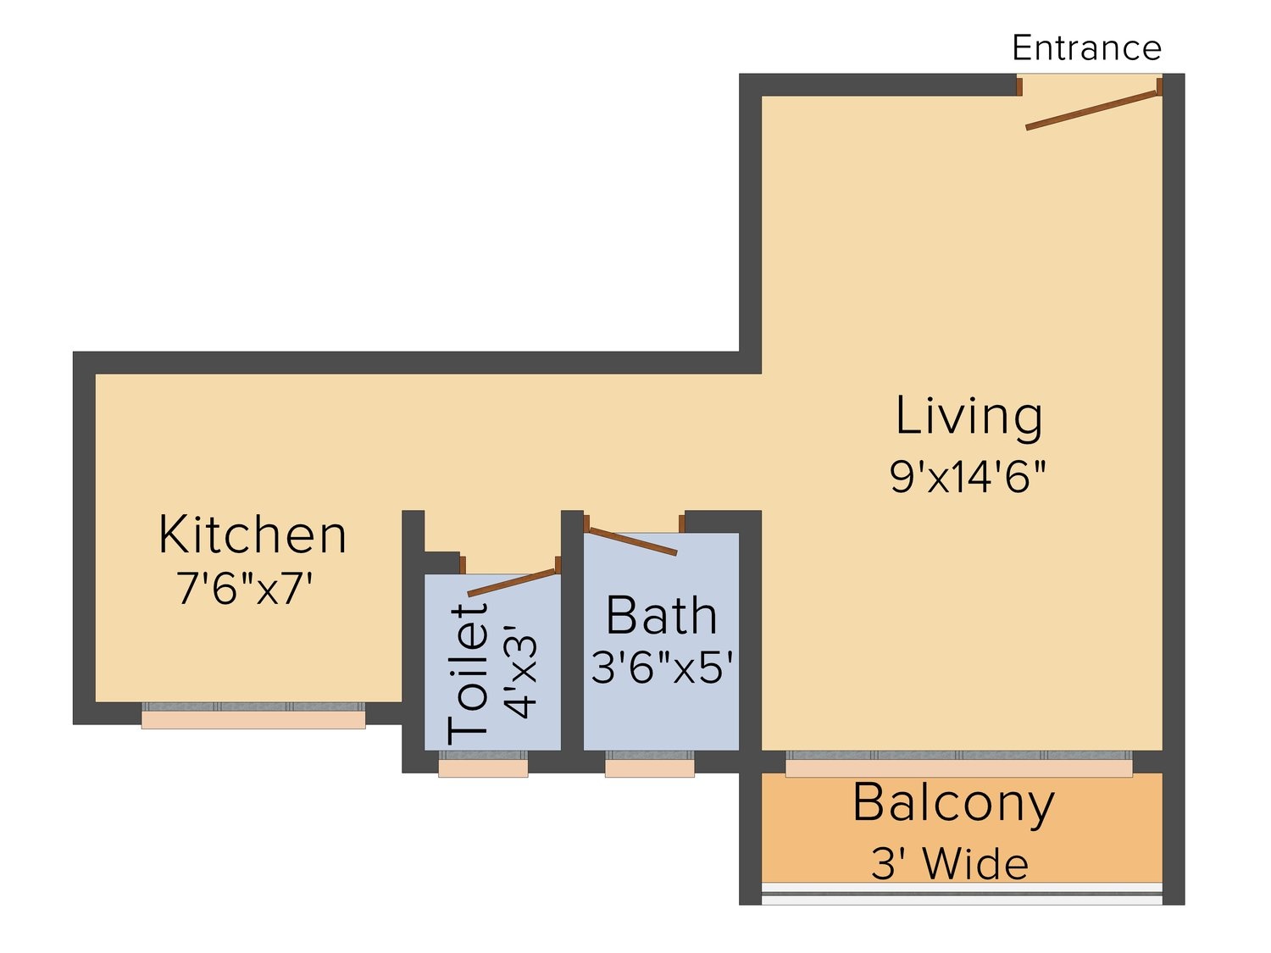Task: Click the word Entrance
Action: click(1086, 47)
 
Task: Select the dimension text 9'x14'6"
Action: click(968, 477)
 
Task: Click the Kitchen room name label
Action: click(253, 535)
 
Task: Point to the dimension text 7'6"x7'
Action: click(244, 588)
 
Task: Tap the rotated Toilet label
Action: click(468, 674)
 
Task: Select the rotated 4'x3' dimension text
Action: click(520, 672)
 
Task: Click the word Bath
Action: click(661, 616)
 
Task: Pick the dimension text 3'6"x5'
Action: click(662, 668)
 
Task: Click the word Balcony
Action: click(954, 804)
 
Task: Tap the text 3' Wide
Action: click(950, 864)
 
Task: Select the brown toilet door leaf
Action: click(512, 582)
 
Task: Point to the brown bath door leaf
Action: click(632, 541)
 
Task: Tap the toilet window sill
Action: click(483, 768)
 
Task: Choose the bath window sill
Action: click(649, 768)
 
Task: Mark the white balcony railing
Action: click(961, 894)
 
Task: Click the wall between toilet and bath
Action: click(572, 641)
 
